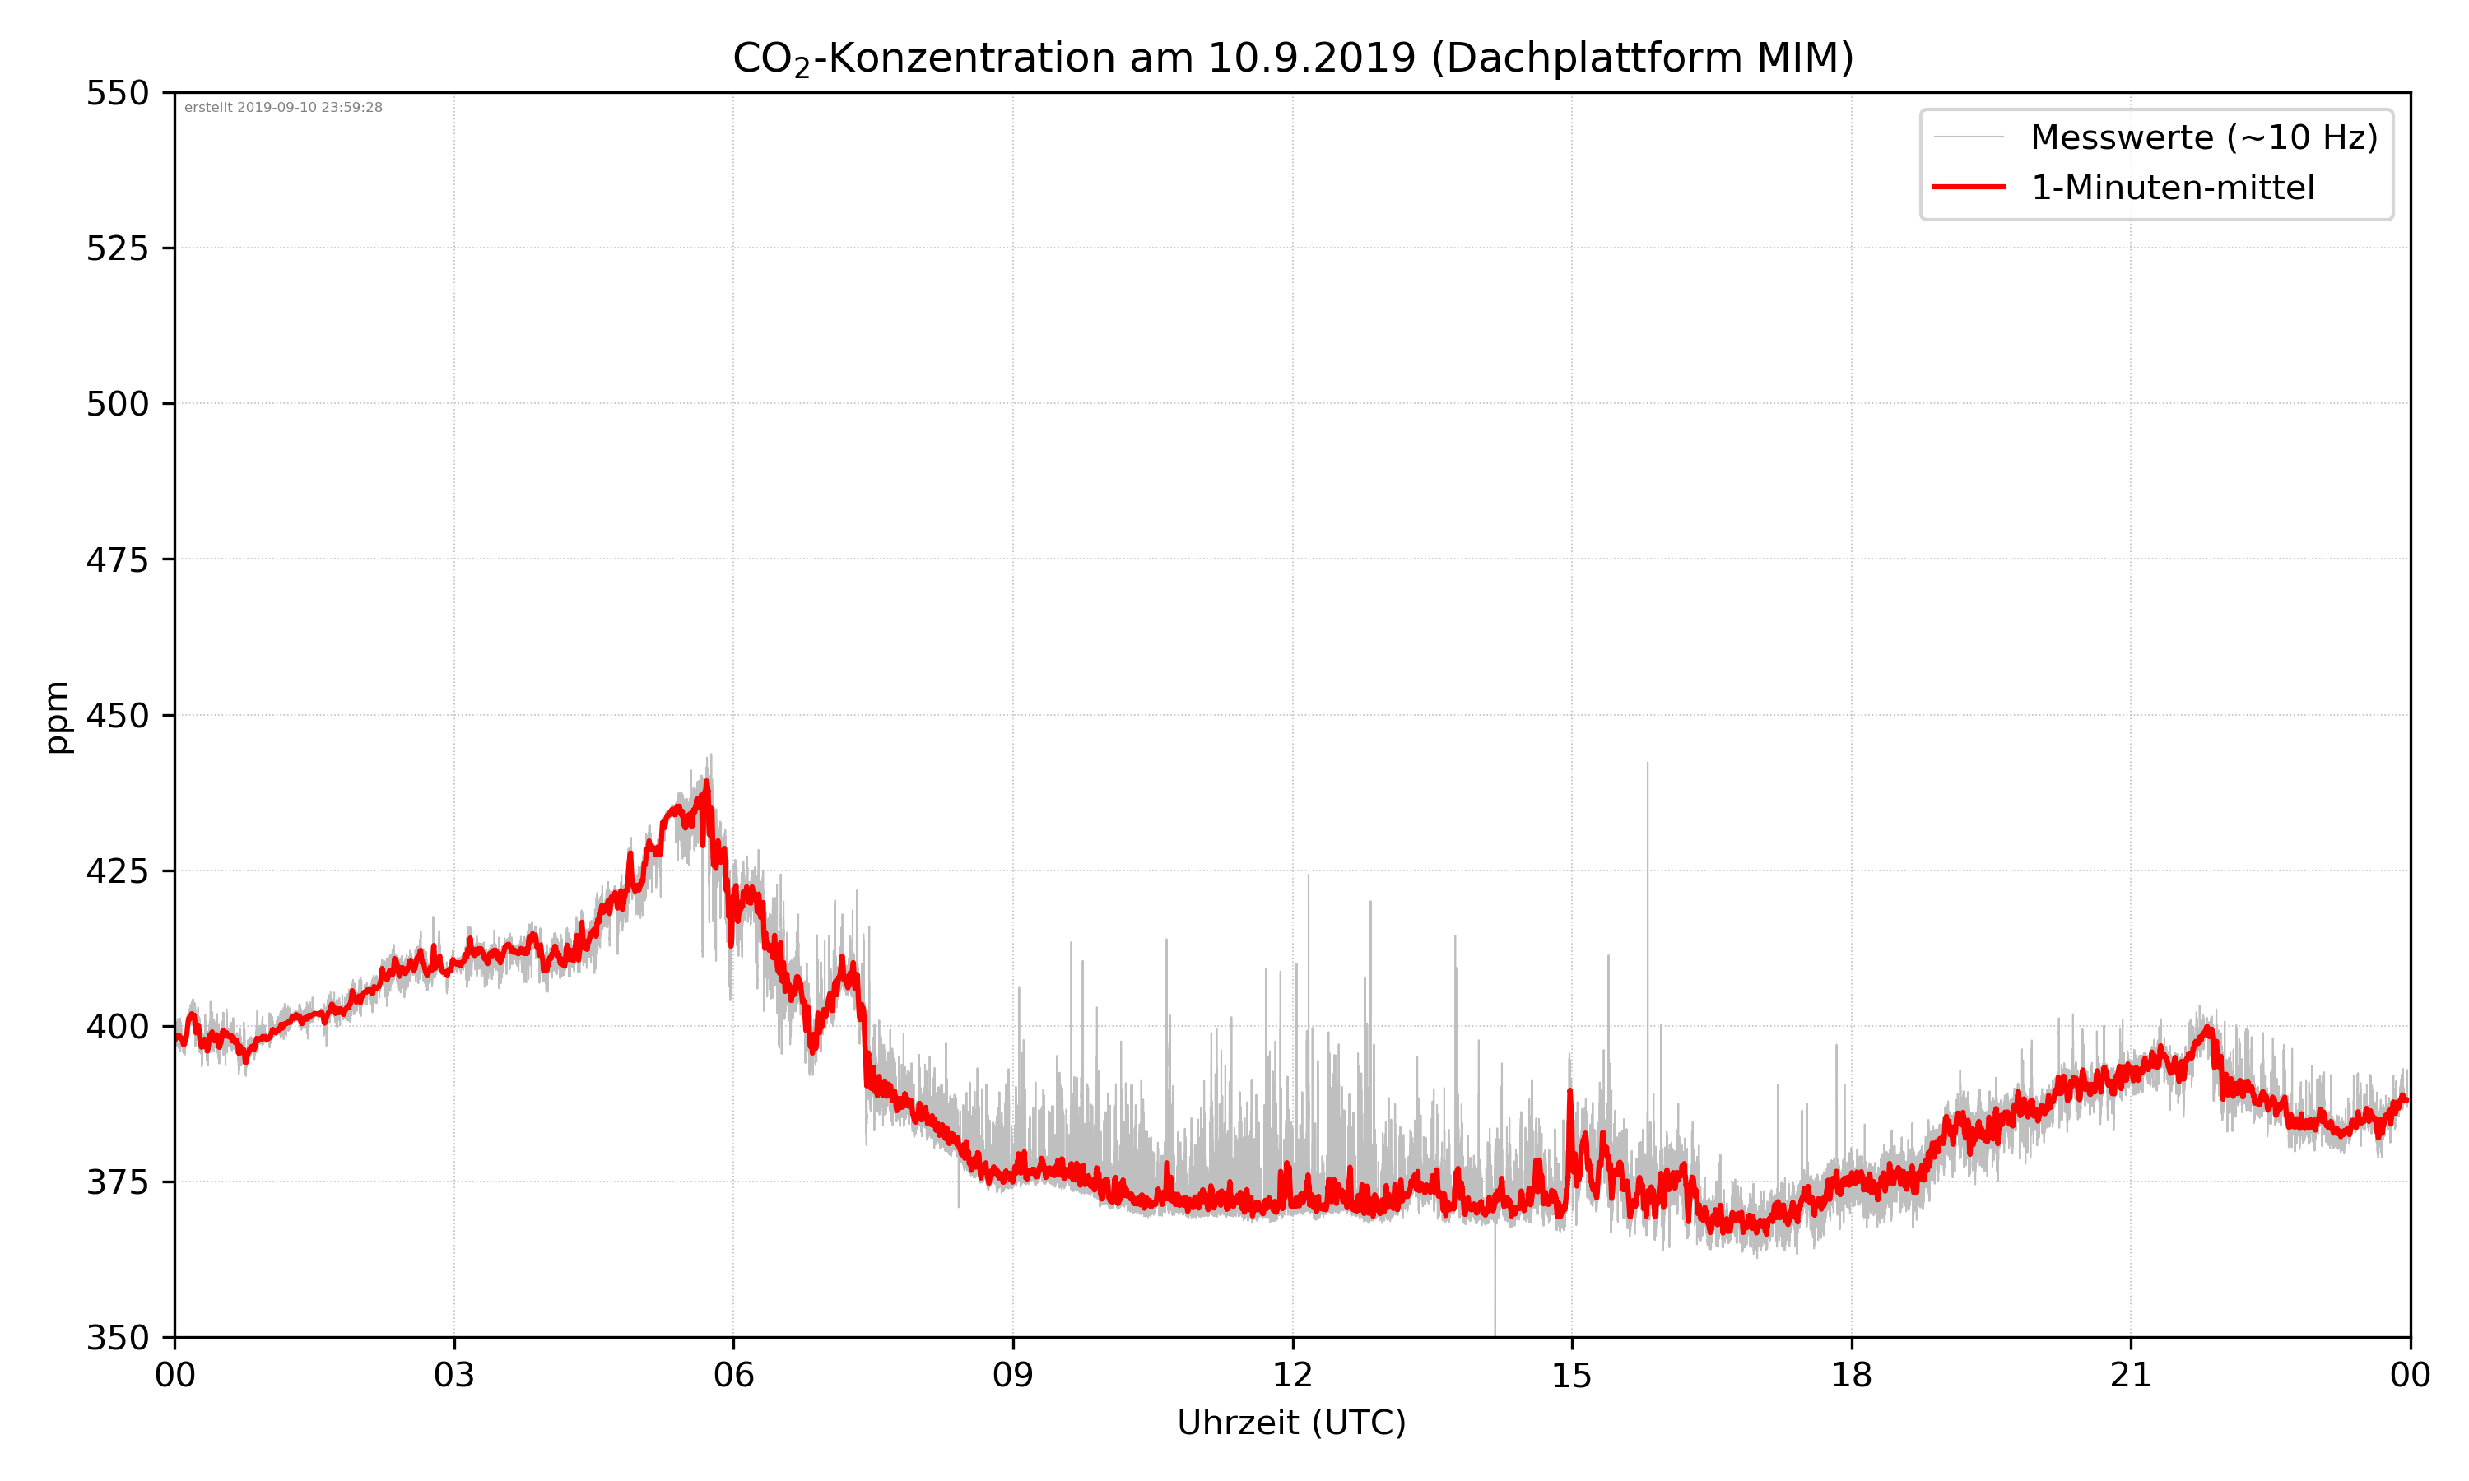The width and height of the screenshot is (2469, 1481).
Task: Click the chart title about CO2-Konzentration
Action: coord(1292,58)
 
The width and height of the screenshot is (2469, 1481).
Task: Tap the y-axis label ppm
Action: coord(57,716)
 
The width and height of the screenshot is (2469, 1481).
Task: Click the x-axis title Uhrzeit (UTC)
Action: coord(1291,1422)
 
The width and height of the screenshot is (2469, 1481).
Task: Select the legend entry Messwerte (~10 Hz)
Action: coord(2203,137)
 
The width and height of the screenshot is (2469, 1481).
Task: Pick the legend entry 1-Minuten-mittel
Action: coord(2172,188)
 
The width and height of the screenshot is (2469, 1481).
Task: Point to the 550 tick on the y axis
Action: coord(117,93)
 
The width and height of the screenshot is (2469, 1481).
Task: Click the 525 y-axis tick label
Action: coord(117,248)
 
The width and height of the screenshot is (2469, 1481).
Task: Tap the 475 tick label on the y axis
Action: coord(117,559)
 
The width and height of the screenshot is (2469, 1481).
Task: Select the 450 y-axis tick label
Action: coord(117,716)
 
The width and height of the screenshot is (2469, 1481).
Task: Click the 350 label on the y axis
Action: coord(117,1337)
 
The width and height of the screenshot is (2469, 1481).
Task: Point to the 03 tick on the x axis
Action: coord(454,1375)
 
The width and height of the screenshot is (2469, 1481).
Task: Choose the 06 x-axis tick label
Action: coord(733,1375)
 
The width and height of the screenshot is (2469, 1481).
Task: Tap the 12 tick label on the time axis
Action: coord(1292,1375)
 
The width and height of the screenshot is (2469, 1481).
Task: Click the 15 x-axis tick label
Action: coord(1572,1375)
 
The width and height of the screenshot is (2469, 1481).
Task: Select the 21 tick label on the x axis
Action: coord(2131,1375)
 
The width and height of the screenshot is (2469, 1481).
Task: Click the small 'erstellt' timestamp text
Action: coord(283,108)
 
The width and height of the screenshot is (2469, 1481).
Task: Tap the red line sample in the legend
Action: coord(1968,187)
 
